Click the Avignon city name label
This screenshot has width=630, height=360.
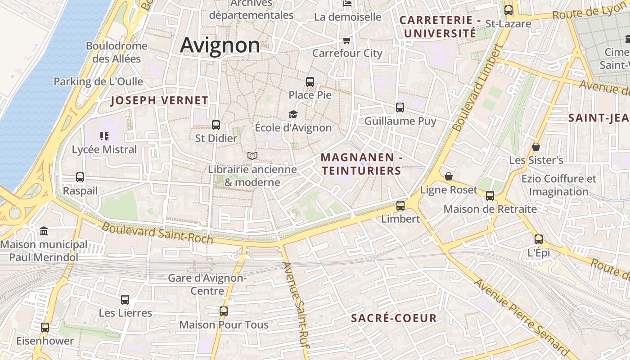(220, 45)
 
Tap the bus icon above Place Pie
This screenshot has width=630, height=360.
(310, 82)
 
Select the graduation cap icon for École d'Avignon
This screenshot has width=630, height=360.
(293, 115)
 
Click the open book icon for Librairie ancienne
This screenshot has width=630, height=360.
(252, 156)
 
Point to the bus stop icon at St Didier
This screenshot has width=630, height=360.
(216, 125)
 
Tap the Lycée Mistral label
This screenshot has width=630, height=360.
(104, 149)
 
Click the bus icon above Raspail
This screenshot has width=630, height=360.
(80, 177)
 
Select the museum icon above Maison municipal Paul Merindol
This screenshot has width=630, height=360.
(44, 231)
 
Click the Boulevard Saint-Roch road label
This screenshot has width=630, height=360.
(157, 233)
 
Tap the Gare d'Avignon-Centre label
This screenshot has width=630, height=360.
(207, 284)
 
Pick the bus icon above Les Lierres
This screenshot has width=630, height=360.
(125, 300)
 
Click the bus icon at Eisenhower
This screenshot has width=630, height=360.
(45, 328)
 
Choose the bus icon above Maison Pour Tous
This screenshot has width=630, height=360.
(224, 311)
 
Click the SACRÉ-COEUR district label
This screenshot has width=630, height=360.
(394, 318)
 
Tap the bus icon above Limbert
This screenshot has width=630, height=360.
(400, 206)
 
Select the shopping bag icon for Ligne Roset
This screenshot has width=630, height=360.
(448, 176)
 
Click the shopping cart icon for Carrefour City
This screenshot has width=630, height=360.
(346, 40)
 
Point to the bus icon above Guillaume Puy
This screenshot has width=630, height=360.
(400, 108)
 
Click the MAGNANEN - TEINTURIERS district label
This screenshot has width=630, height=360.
(361, 164)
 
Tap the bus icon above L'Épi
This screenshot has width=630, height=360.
(539, 239)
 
